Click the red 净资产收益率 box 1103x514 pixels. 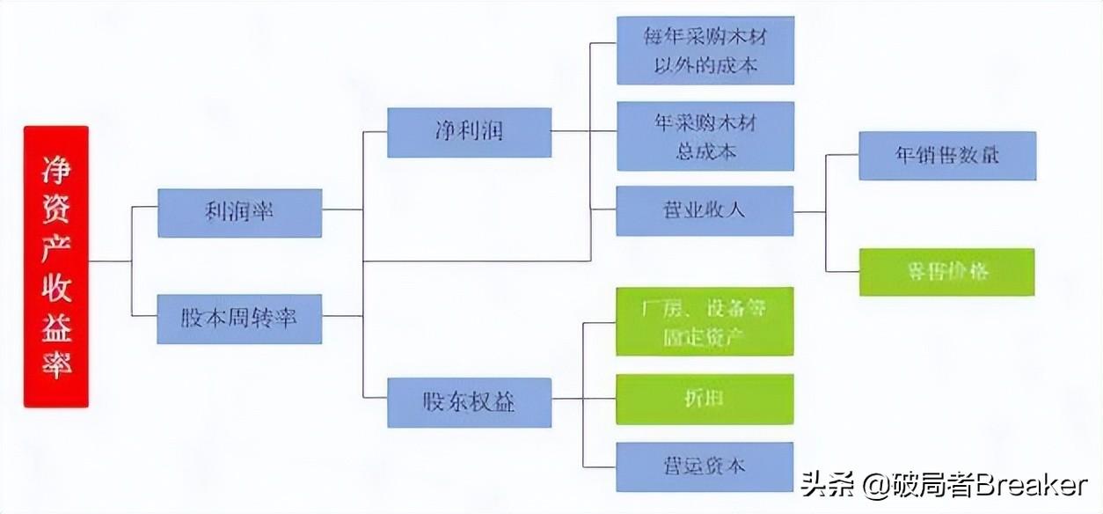(x=56, y=266)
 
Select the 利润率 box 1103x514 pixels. (x=239, y=213)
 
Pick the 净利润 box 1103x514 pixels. (x=469, y=133)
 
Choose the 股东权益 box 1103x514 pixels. (x=469, y=402)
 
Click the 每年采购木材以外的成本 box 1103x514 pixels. (x=705, y=50)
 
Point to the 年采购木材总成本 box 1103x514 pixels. (x=705, y=136)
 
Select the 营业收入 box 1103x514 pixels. (x=705, y=211)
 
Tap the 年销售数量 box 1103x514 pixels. (x=947, y=156)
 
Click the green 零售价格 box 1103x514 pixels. (x=946, y=272)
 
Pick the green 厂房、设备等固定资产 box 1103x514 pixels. (x=705, y=321)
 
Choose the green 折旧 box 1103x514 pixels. (x=705, y=399)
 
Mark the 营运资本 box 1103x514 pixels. (x=705, y=466)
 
